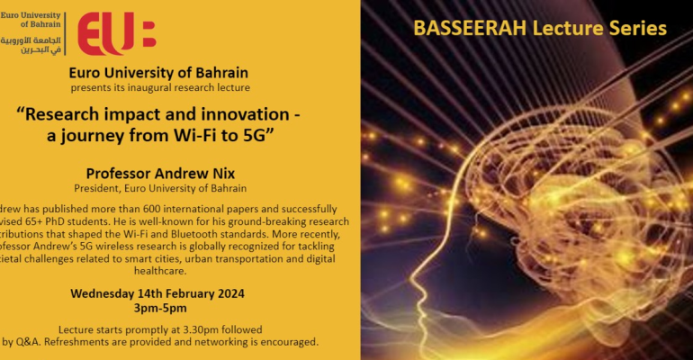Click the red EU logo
(x=116, y=34)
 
